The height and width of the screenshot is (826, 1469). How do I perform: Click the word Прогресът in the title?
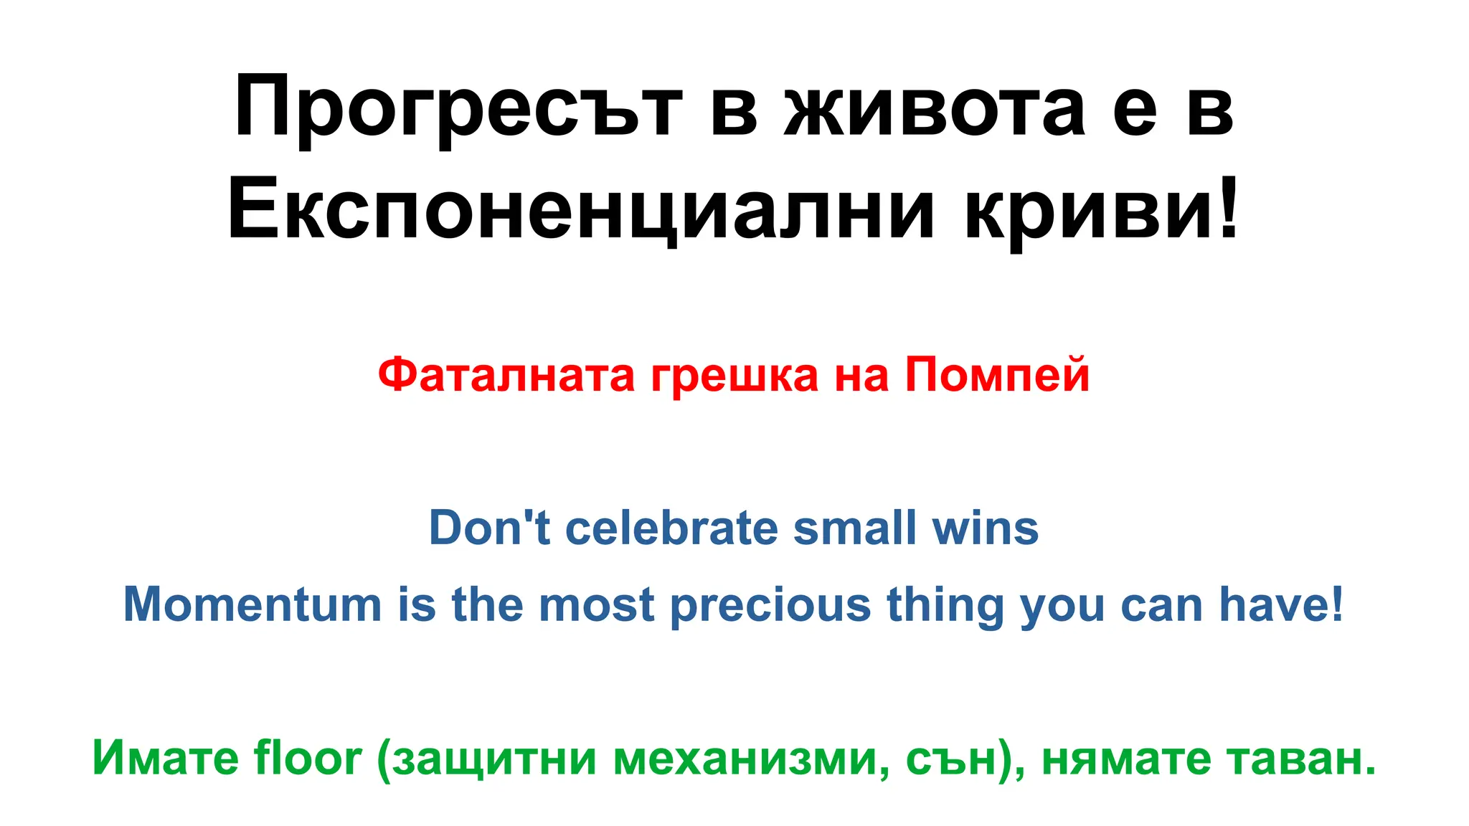458,108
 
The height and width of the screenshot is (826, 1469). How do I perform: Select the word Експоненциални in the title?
582,211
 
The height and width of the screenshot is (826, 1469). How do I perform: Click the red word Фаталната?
506,374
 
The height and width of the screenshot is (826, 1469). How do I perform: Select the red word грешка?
734,376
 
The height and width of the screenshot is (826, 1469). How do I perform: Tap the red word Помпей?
997,374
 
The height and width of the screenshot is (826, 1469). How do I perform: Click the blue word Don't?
489,528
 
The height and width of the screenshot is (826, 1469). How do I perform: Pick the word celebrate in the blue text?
672,528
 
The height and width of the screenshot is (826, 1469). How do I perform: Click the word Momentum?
252,604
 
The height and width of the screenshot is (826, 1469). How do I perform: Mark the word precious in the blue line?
770,605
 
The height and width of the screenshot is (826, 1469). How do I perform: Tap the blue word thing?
945,605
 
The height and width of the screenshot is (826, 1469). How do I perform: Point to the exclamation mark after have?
1336,602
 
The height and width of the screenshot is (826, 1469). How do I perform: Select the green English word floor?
307,757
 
